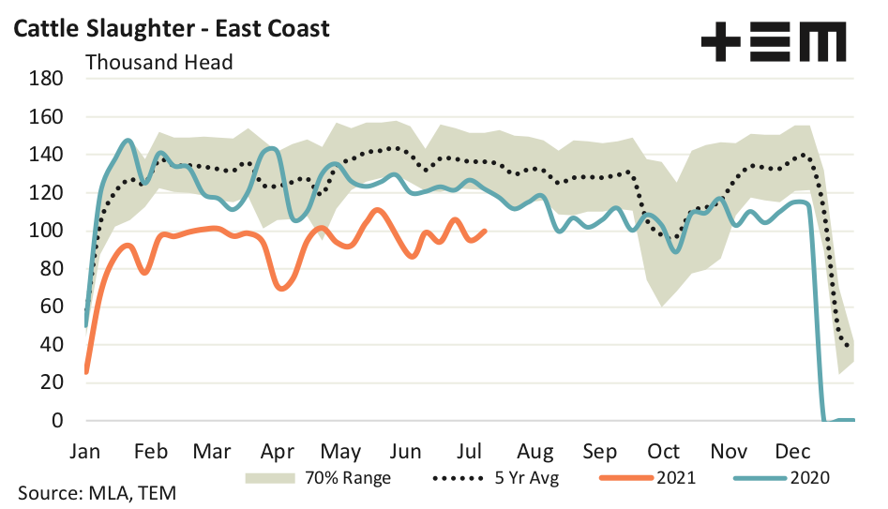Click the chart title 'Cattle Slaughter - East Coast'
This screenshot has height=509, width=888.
click(171, 29)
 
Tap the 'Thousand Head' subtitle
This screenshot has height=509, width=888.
click(158, 63)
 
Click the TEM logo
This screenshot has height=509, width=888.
click(774, 43)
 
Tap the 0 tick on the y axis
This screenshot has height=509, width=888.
click(57, 420)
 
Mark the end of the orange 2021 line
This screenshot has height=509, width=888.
click(485, 231)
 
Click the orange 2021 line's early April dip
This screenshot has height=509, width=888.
click(281, 288)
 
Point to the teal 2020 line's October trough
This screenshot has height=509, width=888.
click(675, 251)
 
